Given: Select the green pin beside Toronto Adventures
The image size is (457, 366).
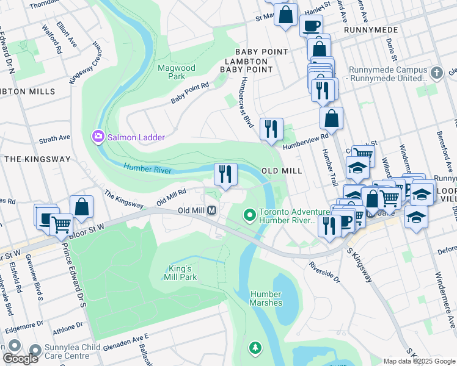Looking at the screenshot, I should coord(249,215).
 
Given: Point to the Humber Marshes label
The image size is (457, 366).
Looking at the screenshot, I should coord(266,298).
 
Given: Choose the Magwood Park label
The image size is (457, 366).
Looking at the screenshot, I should coord(171,72).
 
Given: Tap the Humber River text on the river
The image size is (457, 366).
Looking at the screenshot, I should coord(147,168).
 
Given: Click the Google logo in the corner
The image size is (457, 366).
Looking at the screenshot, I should coord(20,359).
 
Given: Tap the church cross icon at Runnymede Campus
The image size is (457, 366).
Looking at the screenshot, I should coord(436,73).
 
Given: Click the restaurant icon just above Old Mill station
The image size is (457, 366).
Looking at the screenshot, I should coord(225,174).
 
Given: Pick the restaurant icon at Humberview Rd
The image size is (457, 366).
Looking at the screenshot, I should coord(270,129).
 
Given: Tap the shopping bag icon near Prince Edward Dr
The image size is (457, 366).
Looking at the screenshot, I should coord(81,207).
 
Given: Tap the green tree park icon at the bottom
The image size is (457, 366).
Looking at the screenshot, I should coord(255,348).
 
